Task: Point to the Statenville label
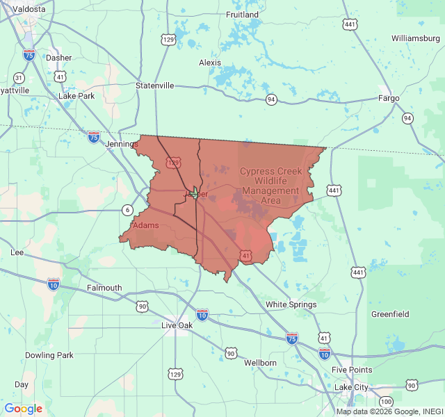tap(154, 85)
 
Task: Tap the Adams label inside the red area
tap(145, 225)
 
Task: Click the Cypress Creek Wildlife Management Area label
tap(270, 186)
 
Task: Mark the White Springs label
tap(291, 304)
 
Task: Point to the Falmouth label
tap(104, 288)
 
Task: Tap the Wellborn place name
tap(260, 363)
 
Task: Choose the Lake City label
tap(352, 386)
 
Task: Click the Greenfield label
tap(390, 314)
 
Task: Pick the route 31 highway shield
tap(19, 78)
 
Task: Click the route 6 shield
tap(127, 210)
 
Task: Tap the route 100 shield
tap(386, 402)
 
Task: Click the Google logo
tap(23, 409)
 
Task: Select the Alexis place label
tap(209, 63)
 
